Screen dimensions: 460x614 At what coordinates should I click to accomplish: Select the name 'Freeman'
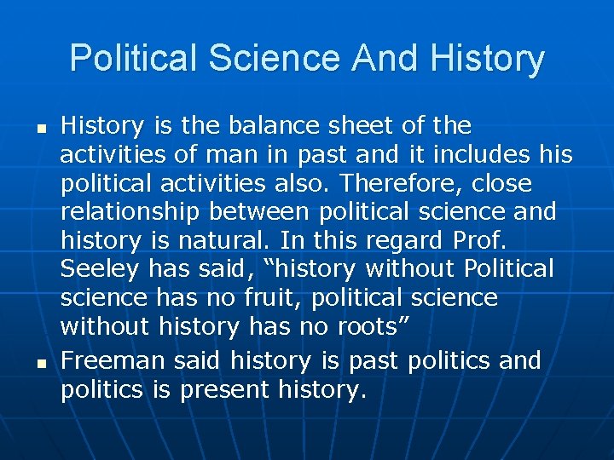point(113,361)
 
